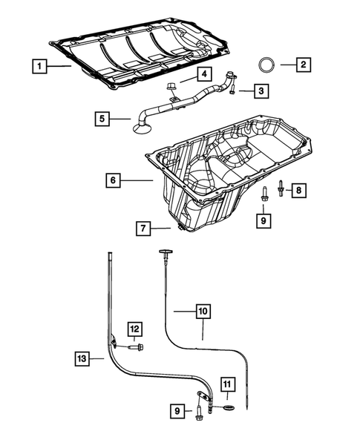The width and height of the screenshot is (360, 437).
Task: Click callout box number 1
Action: [39, 65]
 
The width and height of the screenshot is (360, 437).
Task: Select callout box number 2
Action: [303, 65]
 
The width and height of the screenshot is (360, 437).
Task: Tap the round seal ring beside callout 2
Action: [266, 65]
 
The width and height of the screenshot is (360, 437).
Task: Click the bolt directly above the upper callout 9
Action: [264, 194]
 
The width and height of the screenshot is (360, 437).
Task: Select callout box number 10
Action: [203, 312]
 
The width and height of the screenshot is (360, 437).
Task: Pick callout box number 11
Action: [226, 384]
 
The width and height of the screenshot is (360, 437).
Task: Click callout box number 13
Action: [83, 358]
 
